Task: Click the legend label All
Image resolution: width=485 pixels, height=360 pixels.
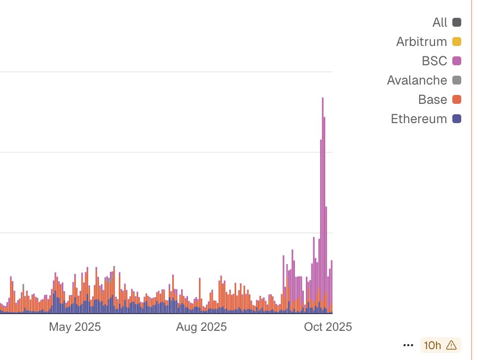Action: click(439, 22)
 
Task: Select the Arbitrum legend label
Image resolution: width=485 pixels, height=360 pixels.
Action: click(421, 42)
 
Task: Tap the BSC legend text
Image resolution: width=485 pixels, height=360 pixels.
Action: click(434, 61)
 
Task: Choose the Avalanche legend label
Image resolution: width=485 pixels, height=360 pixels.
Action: click(417, 80)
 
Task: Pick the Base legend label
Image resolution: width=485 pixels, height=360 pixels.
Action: click(432, 99)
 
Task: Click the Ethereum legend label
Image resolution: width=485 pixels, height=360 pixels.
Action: click(419, 119)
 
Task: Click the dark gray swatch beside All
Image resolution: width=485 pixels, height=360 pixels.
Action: click(457, 22)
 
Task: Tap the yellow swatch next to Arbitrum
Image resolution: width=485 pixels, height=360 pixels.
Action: click(457, 42)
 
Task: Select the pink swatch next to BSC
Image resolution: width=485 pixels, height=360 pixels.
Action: click(457, 61)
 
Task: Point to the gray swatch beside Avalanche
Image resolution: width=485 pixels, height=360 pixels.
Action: click(457, 80)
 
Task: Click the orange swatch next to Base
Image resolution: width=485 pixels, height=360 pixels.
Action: click(457, 99)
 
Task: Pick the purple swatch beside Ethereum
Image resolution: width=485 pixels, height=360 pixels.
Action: click(457, 119)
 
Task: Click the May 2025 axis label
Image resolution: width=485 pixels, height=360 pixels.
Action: click(75, 327)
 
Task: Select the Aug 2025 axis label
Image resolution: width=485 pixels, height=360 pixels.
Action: click(201, 327)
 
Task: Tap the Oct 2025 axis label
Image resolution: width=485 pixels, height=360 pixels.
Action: click(328, 327)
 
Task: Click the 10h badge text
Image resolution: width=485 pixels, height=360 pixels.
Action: click(432, 345)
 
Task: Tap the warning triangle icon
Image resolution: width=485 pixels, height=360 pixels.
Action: click(451, 345)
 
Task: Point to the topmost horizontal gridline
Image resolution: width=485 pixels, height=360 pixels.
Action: click(166, 72)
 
